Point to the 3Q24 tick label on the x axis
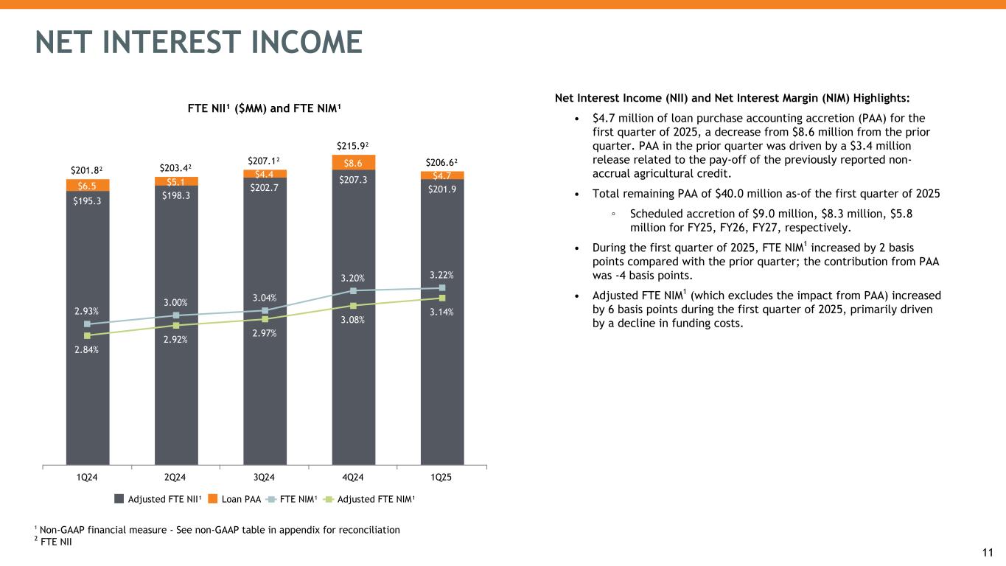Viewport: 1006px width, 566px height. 265,477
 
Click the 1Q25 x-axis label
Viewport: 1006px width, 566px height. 441,477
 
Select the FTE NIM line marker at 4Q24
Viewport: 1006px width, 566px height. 354,290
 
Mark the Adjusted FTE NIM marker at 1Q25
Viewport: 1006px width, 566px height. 442,298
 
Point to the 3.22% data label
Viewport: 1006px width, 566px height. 442,275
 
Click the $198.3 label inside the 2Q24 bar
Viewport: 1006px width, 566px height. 176,195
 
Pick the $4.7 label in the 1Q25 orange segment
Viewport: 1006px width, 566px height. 442,175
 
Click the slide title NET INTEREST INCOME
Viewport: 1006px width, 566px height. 199,42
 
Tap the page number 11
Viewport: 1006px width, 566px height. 988,553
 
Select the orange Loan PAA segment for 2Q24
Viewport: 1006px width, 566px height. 176,181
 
